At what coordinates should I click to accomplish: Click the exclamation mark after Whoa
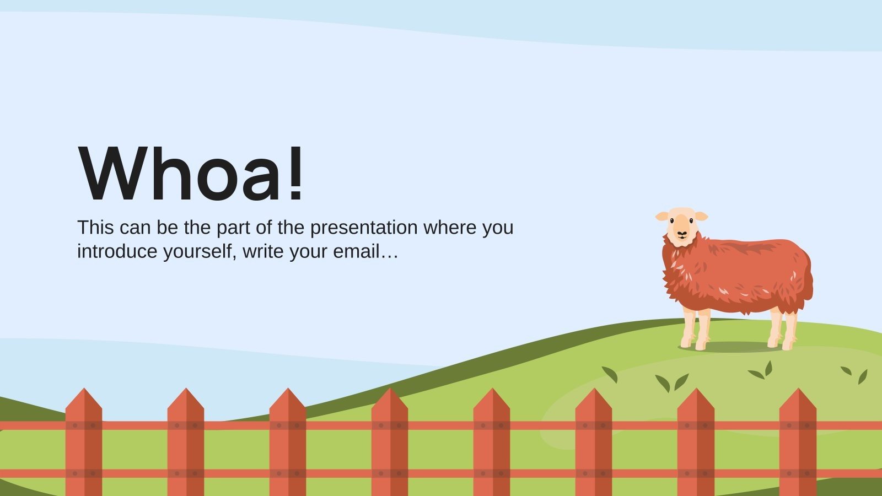296,172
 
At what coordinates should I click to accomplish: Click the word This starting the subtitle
95,227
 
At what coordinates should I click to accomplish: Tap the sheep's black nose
682,233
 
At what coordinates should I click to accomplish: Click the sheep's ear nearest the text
661,217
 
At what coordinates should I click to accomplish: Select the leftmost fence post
84,441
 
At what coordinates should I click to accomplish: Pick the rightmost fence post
798,441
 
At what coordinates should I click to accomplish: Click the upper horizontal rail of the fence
441,425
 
